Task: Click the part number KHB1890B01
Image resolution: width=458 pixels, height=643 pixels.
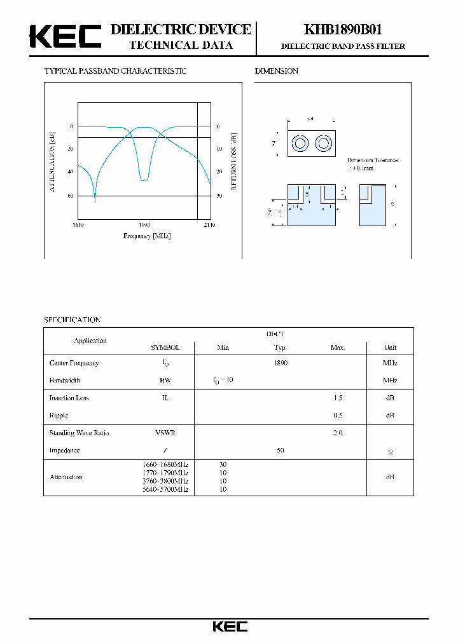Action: (x=343, y=30)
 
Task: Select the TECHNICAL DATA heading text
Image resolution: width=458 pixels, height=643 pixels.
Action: (x=181, y=45)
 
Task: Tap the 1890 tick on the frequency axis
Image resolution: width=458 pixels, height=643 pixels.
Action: (x=144, y=225)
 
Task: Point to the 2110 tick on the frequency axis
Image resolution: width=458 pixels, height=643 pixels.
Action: (x=209, y=225)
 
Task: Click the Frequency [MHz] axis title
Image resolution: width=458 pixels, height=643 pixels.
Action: (x=147, y=236)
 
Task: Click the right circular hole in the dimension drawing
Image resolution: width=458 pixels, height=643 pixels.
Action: (x=323, y=143)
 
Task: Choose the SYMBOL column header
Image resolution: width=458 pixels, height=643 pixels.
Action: (x=165, y=348)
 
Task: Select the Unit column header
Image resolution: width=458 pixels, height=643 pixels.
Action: (x=390, y=348)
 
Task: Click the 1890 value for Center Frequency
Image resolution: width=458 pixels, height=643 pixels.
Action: (x=281, y=363)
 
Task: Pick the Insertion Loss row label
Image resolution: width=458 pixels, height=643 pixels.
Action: (x=69, y=398)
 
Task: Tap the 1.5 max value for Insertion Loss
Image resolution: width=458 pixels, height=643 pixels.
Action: (x=338, y=398)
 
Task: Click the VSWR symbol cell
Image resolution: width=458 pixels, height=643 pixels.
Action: (x=165, y=433)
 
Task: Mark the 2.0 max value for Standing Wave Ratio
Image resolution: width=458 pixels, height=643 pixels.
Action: (x=338, y=433)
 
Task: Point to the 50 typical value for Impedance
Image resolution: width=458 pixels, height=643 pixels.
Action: (x=281, y=450)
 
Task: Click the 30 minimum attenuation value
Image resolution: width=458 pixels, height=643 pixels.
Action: (x=223, y=464)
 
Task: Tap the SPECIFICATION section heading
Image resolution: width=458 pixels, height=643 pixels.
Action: (x=72, y=320)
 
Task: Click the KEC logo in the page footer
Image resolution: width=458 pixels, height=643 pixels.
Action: (x=230, y=626)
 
